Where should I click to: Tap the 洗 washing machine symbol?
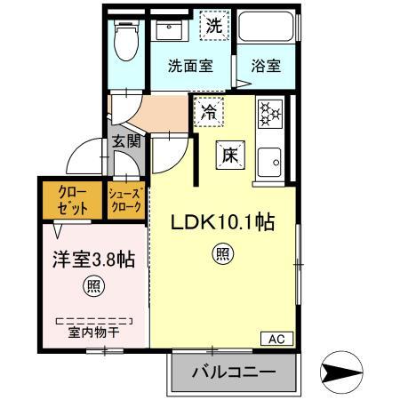point(213,27)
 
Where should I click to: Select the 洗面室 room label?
point(190,65)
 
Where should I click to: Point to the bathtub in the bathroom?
point(264,31)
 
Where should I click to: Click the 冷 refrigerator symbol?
point(208,113)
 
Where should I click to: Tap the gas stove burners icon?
point(269,113)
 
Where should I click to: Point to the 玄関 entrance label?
point(126,141)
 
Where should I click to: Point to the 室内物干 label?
point(92,333)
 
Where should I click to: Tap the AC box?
point(276,338)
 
